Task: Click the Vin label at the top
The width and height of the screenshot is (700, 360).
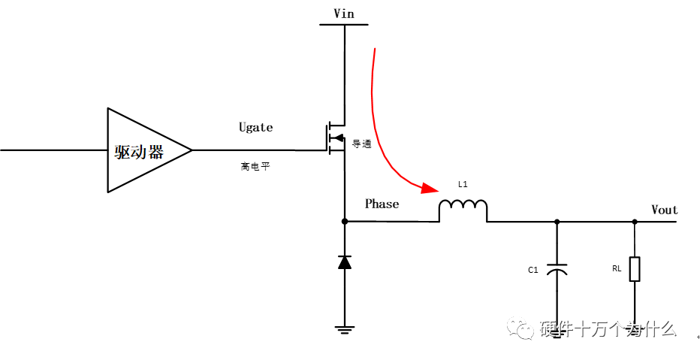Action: pyautogui.click(x=344, y=14)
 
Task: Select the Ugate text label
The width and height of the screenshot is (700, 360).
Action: pyautogui.click(x=256, y=127)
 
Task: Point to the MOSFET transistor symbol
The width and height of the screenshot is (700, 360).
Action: pyautogui.click(x=336, y=137)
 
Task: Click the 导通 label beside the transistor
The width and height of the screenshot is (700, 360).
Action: pyautogui.click(x=362, y=144)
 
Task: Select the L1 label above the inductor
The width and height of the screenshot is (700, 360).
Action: pyautogui.click(x=463, y=184)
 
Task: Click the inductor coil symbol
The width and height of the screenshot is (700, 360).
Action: pyautogui.click(x=463, y=210)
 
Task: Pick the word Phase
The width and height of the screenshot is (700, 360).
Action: pyautogui.click(x=382, y=204)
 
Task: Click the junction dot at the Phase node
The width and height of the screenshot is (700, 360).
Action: pyautogui.click(x=345, y=221)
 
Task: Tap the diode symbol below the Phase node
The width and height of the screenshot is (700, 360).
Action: pyautogui.click(x=345, y=262)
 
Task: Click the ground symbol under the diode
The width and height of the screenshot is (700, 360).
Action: pyautogui.click(x=345, y=330)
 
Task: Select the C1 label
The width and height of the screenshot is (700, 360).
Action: pyautogui.click(x=533, y=269)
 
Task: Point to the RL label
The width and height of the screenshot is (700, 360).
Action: pyautogui.click(x=617, y=268)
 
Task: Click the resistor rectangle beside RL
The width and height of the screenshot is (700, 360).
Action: pyautogui.click(x=635, y=269)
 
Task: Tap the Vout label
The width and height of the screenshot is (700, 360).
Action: pyautogui.click(x=665, y=210)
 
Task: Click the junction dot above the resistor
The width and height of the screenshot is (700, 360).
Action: pyautogui.click(x=635, y=222)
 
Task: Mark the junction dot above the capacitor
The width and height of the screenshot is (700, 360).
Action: pyautogui.click(x=557, y=222)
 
